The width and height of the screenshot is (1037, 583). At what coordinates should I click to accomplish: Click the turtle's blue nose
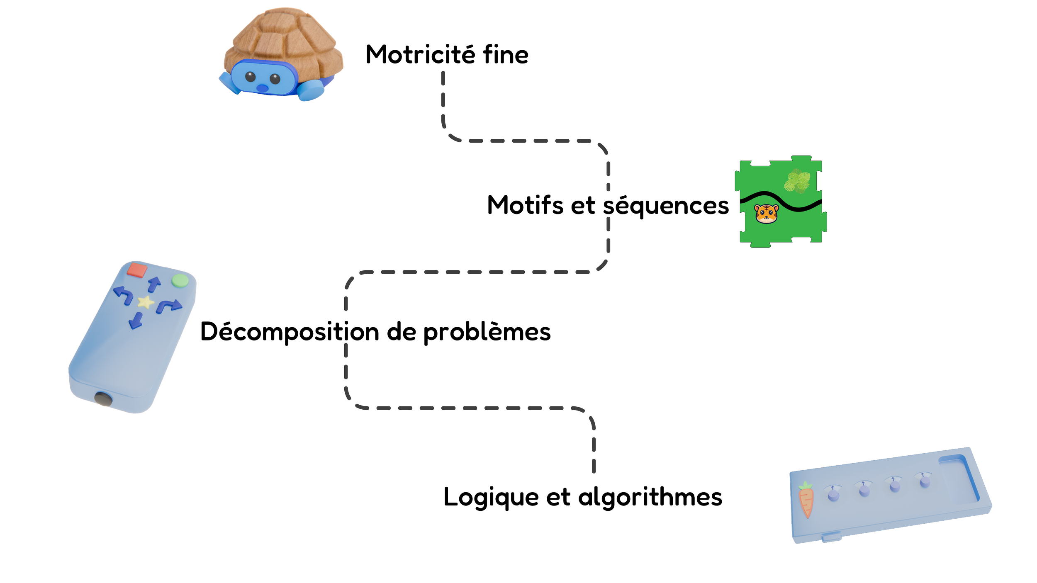tap(262, 88)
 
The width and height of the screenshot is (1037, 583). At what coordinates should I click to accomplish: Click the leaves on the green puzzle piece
tap(797, 181)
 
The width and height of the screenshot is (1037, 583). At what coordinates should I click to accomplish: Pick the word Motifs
tap(525, 205)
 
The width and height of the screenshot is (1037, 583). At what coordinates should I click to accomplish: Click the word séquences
tap(666, 206)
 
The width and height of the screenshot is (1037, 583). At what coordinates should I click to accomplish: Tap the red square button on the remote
tap(137, 270)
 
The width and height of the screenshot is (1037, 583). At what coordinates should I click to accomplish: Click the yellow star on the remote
tap(145, 302)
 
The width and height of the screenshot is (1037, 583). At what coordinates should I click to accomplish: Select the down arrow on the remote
tap(136, 321)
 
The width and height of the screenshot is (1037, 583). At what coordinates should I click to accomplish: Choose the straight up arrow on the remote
tap(154, 284)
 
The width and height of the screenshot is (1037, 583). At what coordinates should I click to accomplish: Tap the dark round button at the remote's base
tap(103, 399)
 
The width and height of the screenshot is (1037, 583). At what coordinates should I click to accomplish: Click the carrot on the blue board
tap(806, 500)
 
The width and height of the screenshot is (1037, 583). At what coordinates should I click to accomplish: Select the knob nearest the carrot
tap(833, 495)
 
